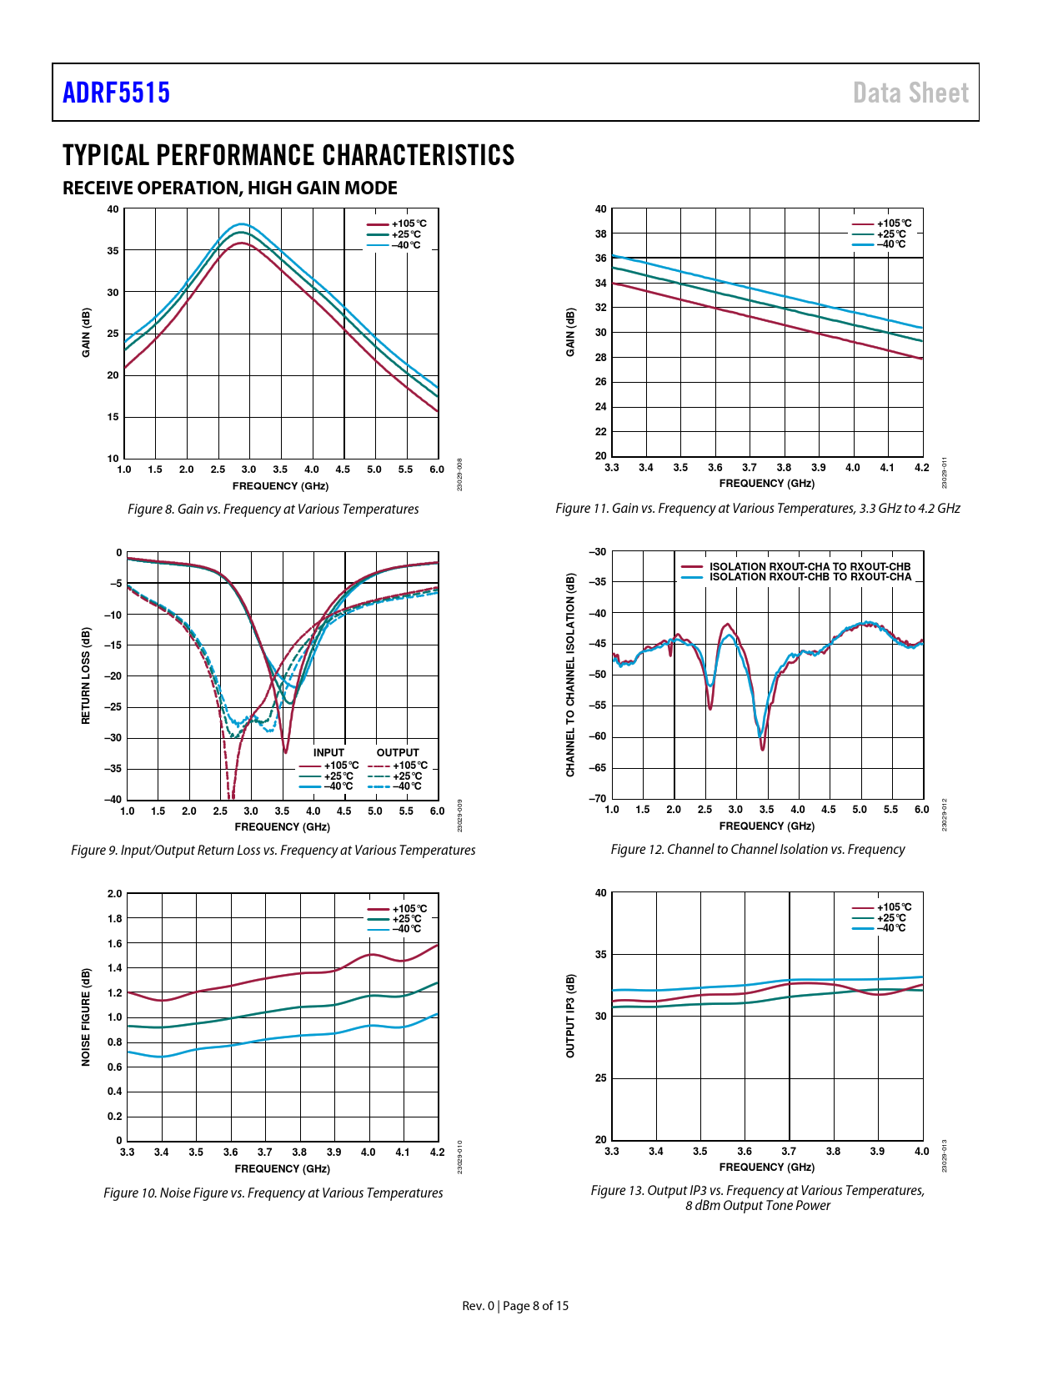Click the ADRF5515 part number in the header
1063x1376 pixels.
click(x=116, y=93)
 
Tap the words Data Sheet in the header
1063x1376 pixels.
click(x=910, y=93)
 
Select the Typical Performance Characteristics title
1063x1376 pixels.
click(x=288, y=155)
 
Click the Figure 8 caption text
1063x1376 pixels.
click(x=273, y=509)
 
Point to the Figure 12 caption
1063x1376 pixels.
click(x=757, y=849)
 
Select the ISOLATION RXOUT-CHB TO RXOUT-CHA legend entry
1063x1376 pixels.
click(x=810, y=577)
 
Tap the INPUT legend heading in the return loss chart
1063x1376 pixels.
click(x=328, y=752)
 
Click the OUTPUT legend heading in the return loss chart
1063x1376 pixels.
click(x=398, y=752)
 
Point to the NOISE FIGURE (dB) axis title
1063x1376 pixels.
click(x=85, y=1017)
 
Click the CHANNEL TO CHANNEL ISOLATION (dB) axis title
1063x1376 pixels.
click(x=570, y=675)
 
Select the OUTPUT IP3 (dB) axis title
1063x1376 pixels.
click(x=570, y=1016)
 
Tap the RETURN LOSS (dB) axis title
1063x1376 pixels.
click(x=85, y=675)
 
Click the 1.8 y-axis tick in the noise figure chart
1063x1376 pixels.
click(x=114, y=918)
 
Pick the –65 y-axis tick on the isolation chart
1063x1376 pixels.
click(x=598, y=767)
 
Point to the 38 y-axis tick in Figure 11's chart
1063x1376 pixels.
click(x=600, y=234)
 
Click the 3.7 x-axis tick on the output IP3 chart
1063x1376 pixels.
click(x=789, y=1151)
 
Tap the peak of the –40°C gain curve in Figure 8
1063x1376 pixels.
click(x=241, y=223)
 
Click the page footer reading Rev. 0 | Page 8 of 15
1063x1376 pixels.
click(x=515, y=1305)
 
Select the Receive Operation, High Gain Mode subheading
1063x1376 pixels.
click(x=230, y=188)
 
